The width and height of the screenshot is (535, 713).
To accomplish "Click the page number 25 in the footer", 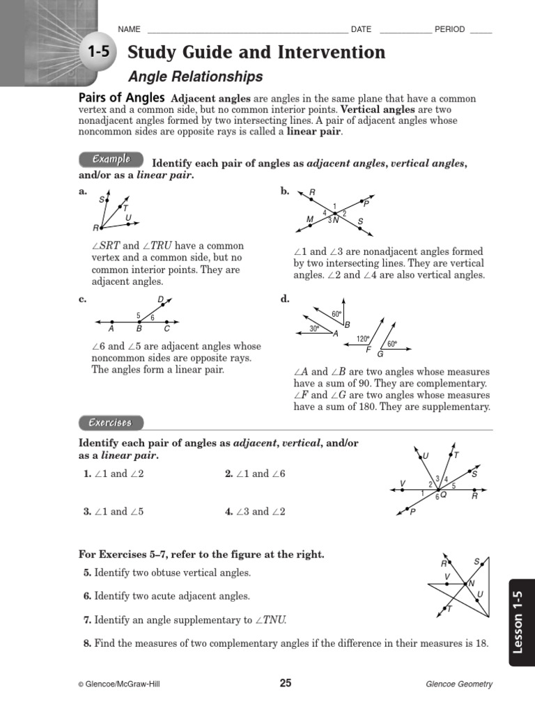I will (286, 683).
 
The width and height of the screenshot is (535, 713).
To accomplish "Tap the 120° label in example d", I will (362, 339).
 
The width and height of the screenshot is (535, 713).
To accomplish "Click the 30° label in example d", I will (314, 328).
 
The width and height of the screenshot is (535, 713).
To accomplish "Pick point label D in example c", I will (160, 300).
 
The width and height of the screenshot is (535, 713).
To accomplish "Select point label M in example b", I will (310, 219).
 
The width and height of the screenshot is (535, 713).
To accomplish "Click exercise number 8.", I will (87, 643).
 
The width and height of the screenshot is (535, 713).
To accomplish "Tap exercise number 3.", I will (87, 511).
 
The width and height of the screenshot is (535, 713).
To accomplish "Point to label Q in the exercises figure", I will (443, 495).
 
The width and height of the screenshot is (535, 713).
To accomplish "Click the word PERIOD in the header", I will (450, 29).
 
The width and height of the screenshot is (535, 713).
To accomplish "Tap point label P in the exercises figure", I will (412, 511).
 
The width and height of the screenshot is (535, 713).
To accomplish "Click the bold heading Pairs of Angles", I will (121, 98).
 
